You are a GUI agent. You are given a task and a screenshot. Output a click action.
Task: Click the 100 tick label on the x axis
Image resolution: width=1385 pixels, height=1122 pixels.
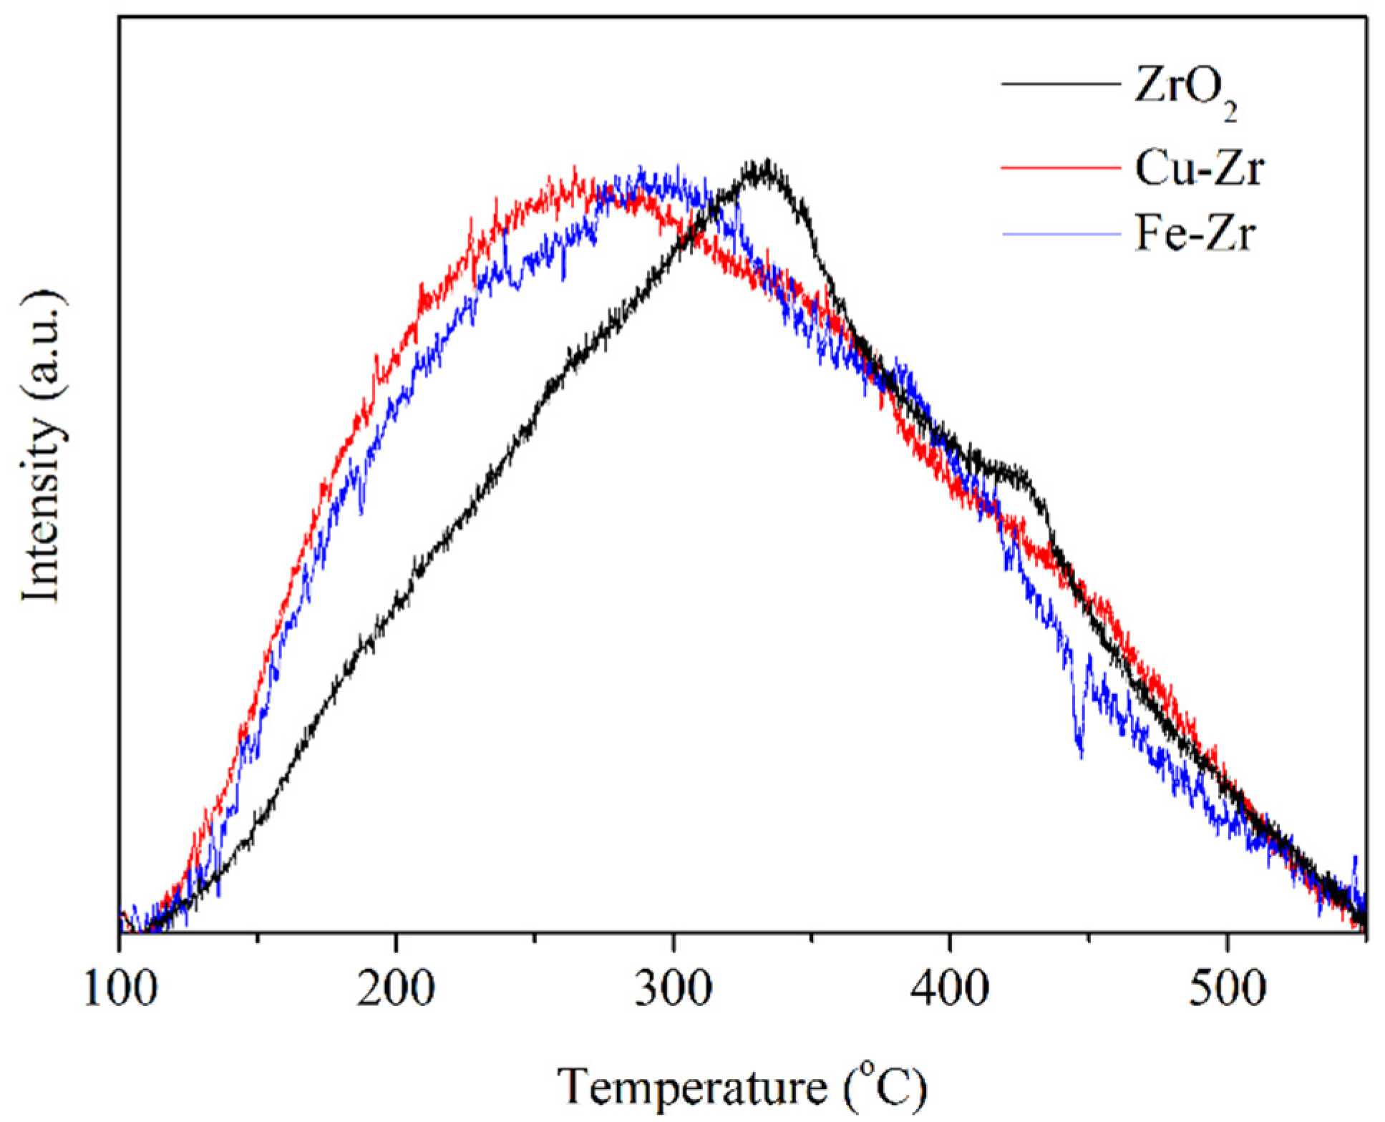click(120, 990)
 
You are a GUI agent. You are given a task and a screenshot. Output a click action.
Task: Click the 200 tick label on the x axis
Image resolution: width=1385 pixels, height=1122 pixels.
click(396, 990)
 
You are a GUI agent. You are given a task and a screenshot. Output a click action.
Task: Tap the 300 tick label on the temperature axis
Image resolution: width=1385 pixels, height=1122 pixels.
click(673, 990)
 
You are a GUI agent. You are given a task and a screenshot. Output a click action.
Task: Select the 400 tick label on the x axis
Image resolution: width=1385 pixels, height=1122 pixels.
click(950, 990)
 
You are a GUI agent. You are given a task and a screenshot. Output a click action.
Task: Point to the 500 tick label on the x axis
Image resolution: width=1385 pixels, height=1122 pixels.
click(1227, 990)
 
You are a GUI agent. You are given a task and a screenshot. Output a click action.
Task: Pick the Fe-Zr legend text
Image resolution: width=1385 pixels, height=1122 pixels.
click(1195, 234)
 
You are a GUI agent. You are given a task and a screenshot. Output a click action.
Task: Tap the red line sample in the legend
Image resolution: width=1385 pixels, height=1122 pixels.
click(1060, 167)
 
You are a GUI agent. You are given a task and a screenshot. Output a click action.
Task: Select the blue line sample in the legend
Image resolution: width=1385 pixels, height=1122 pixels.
click(1060, 234)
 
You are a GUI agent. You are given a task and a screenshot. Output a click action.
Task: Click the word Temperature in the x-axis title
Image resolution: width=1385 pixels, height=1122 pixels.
click(691, 1088)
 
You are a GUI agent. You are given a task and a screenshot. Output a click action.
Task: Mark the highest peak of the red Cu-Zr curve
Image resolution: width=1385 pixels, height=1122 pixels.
click(575, 170)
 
